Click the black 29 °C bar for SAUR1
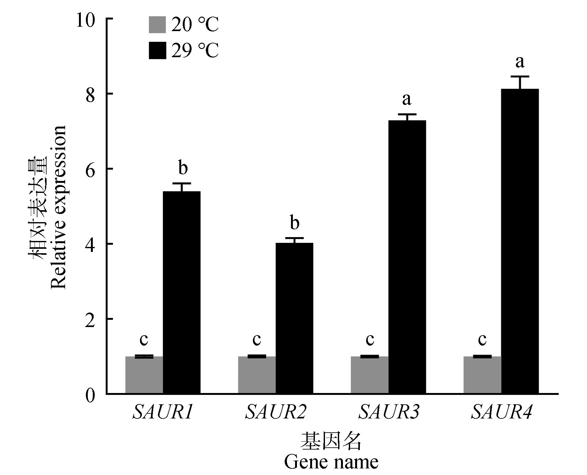click(182, 292)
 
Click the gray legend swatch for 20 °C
click(157, 25)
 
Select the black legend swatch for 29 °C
click(157, 50)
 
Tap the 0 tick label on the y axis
click(90, 395)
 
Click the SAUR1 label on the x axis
click(163, 412)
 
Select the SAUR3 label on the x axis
click(389, 412)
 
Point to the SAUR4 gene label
click(501, 412)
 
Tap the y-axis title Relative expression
click(58, 207)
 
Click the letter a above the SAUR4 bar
click(520, 62)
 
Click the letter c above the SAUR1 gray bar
click(144, 339)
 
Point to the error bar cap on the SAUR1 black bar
click(182, 183)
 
